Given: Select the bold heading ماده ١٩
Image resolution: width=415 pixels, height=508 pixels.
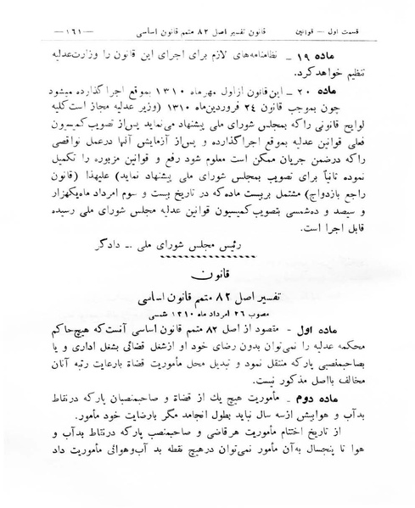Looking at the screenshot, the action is [x=363, y=53].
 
